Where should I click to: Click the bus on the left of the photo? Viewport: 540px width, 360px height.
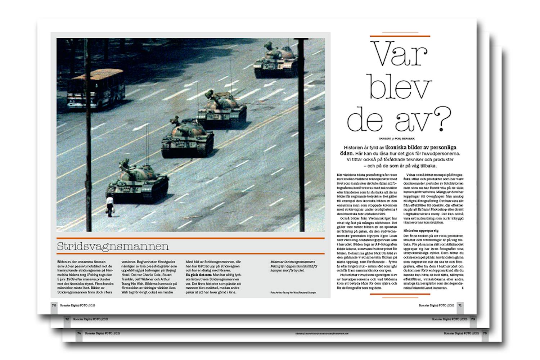tap(96, 89)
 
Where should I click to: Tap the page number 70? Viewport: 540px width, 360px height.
tap(54, 305)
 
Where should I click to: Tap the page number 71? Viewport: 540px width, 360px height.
tap(460, 305)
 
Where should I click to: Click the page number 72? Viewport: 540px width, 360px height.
tap(67, 319)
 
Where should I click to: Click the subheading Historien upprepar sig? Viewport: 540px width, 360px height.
tap(421, 230)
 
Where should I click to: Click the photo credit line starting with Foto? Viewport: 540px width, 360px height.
tap(293, 293)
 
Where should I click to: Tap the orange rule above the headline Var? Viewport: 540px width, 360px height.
tap(400, 36)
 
